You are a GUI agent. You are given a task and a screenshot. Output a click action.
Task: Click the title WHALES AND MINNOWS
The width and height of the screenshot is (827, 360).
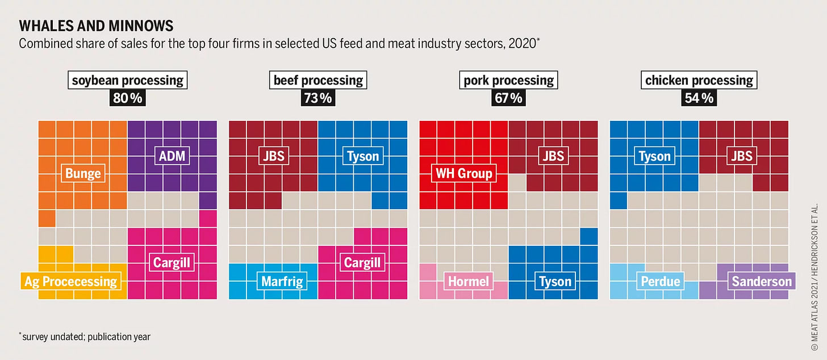point(96,26)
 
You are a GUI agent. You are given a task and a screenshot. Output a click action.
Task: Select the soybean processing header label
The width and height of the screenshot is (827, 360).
point(128,80)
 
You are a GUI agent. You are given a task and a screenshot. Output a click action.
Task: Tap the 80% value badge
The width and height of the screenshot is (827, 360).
point(128,98)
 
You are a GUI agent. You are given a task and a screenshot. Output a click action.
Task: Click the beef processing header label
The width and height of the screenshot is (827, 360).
point(318,80)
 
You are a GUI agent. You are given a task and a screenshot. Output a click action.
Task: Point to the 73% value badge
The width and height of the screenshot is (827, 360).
point(318,98)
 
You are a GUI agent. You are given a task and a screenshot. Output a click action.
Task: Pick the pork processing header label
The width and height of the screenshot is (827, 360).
point(508,80)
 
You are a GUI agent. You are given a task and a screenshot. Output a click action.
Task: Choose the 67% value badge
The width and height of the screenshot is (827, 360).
point(508,98)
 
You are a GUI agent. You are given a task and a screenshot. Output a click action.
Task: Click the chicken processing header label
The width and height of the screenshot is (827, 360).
point(699,80)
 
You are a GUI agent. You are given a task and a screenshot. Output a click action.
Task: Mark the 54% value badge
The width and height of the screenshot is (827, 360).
point(699,98)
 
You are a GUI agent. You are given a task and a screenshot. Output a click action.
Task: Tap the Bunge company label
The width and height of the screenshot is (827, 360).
point(83,174)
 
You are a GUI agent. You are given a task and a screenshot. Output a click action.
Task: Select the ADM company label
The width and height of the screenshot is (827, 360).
point(172,155)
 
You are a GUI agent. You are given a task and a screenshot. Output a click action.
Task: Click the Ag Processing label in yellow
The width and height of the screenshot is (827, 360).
point(71,281)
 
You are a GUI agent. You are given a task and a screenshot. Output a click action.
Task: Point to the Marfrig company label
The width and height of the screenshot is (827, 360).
point(281,281)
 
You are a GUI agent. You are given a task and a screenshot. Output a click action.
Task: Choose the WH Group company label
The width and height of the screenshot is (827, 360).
point(464,173)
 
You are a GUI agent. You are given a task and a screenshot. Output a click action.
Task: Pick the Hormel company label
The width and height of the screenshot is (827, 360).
point(468,281)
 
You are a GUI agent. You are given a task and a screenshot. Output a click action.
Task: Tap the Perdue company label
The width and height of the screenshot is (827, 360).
point(661,281)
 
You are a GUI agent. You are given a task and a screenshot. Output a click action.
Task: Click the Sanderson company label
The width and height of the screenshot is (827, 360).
point(761,281)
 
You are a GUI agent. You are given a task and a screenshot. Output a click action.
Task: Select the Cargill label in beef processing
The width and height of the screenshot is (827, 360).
point(362,262)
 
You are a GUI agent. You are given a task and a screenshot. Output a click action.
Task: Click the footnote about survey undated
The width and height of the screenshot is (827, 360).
point(85,337)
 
